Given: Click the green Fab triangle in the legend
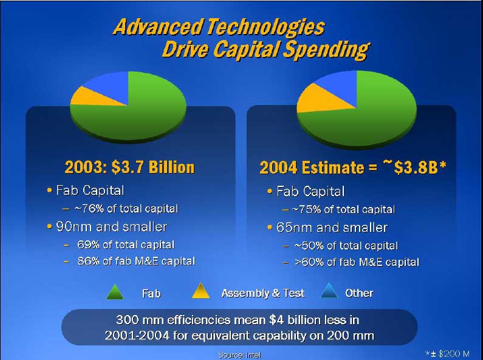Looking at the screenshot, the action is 115,291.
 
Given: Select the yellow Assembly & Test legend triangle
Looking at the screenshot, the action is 201,291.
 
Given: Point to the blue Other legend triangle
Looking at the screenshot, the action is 330,291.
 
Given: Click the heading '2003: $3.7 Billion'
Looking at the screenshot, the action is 129,167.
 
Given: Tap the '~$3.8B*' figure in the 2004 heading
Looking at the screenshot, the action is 414,167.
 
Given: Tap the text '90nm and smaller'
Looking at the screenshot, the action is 112,227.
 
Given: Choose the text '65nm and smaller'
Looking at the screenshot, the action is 332,228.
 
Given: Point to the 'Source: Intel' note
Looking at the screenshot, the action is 239,355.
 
